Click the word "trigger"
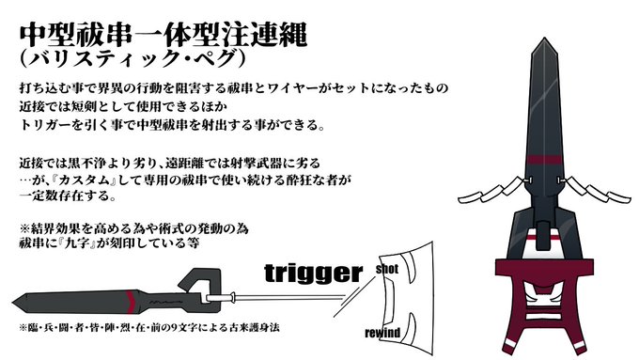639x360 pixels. tap(312, 274)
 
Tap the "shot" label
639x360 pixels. tap(389, 269)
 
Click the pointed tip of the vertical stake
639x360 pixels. tap(547, 42)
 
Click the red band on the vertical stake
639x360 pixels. tap(546, 157)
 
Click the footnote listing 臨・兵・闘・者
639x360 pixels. tap(150, 329)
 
